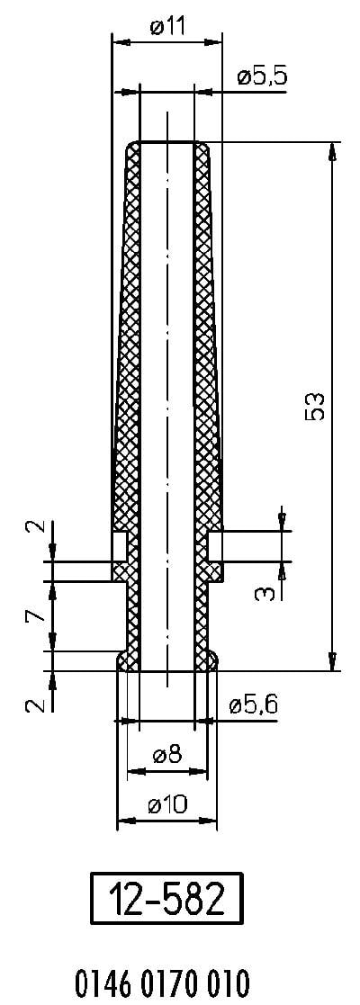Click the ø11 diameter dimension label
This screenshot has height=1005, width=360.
(x=166, y=27)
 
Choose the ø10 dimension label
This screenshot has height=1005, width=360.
(x=167, y=803)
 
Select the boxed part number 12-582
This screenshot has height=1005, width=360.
(x=166, y=899)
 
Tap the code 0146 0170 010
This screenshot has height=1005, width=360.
(x=163, y=982)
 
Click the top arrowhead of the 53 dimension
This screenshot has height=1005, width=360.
(x=332, y=152)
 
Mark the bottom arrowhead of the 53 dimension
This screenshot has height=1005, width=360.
(x=332, y=660)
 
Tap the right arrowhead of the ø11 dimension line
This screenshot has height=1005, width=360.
(x=212, y=42)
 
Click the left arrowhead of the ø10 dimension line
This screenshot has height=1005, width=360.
(x=127, y=821)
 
